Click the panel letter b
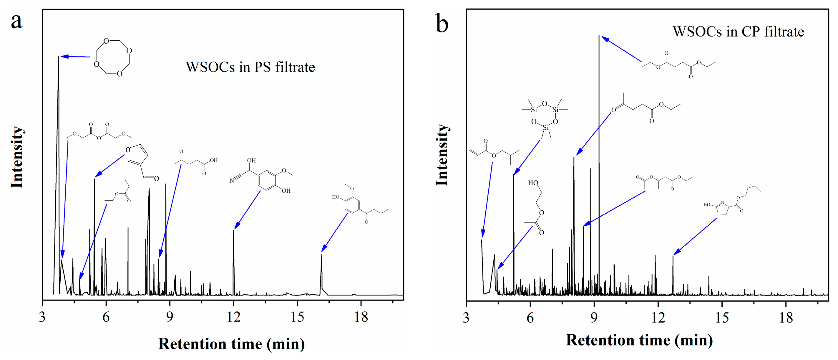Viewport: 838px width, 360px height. (x=442, y=24)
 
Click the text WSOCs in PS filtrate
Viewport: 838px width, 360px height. (x=250, y=67)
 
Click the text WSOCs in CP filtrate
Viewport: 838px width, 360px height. (x=738, y=32)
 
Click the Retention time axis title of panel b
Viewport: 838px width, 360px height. (x=639, y=340)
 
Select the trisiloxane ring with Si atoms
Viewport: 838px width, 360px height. (x=545, y=118)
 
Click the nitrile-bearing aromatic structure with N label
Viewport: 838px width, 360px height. (x=262, y=176)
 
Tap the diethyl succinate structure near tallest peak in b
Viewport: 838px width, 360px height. (x=678, y=65)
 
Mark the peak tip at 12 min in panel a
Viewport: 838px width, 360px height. (x=233, y=230)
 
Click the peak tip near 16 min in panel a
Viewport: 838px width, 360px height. (x=322, y=254)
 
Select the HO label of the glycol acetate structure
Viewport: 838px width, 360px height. (x=533, y=183)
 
